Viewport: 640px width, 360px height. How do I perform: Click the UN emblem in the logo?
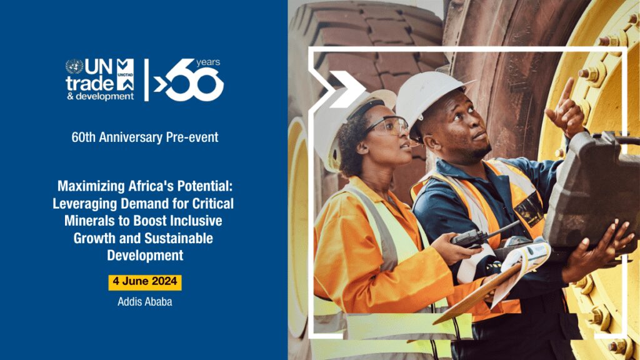[74, 66]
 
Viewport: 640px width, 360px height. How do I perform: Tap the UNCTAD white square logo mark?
[125, 75]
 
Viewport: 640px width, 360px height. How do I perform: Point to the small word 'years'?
[208, 62]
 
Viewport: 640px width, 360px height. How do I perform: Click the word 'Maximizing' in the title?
[91, 186]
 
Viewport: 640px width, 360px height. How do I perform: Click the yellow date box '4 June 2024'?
[145, 282]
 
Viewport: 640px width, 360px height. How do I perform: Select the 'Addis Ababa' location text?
[145, 302]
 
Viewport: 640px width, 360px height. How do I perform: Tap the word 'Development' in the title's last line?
[145, 256]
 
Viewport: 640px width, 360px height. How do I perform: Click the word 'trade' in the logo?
[90, 83]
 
